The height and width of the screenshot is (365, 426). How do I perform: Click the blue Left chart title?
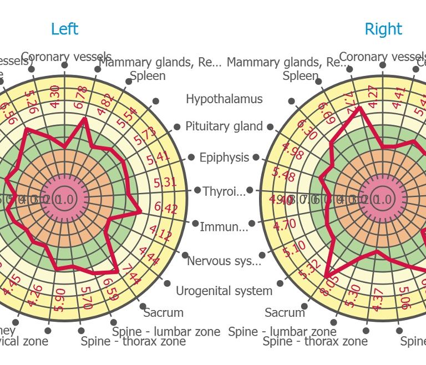[64, 29]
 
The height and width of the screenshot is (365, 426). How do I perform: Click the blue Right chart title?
[383, 29]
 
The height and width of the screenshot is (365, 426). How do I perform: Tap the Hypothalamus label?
[224, 99]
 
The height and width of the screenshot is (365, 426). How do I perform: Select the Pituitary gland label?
[224, 126]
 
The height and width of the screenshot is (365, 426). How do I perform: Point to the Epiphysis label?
[224, 158]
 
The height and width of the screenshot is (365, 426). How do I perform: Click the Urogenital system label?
[224, 291]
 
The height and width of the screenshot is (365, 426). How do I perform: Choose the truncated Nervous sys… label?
[224, 261]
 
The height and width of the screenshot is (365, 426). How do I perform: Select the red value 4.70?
[285, 225]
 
